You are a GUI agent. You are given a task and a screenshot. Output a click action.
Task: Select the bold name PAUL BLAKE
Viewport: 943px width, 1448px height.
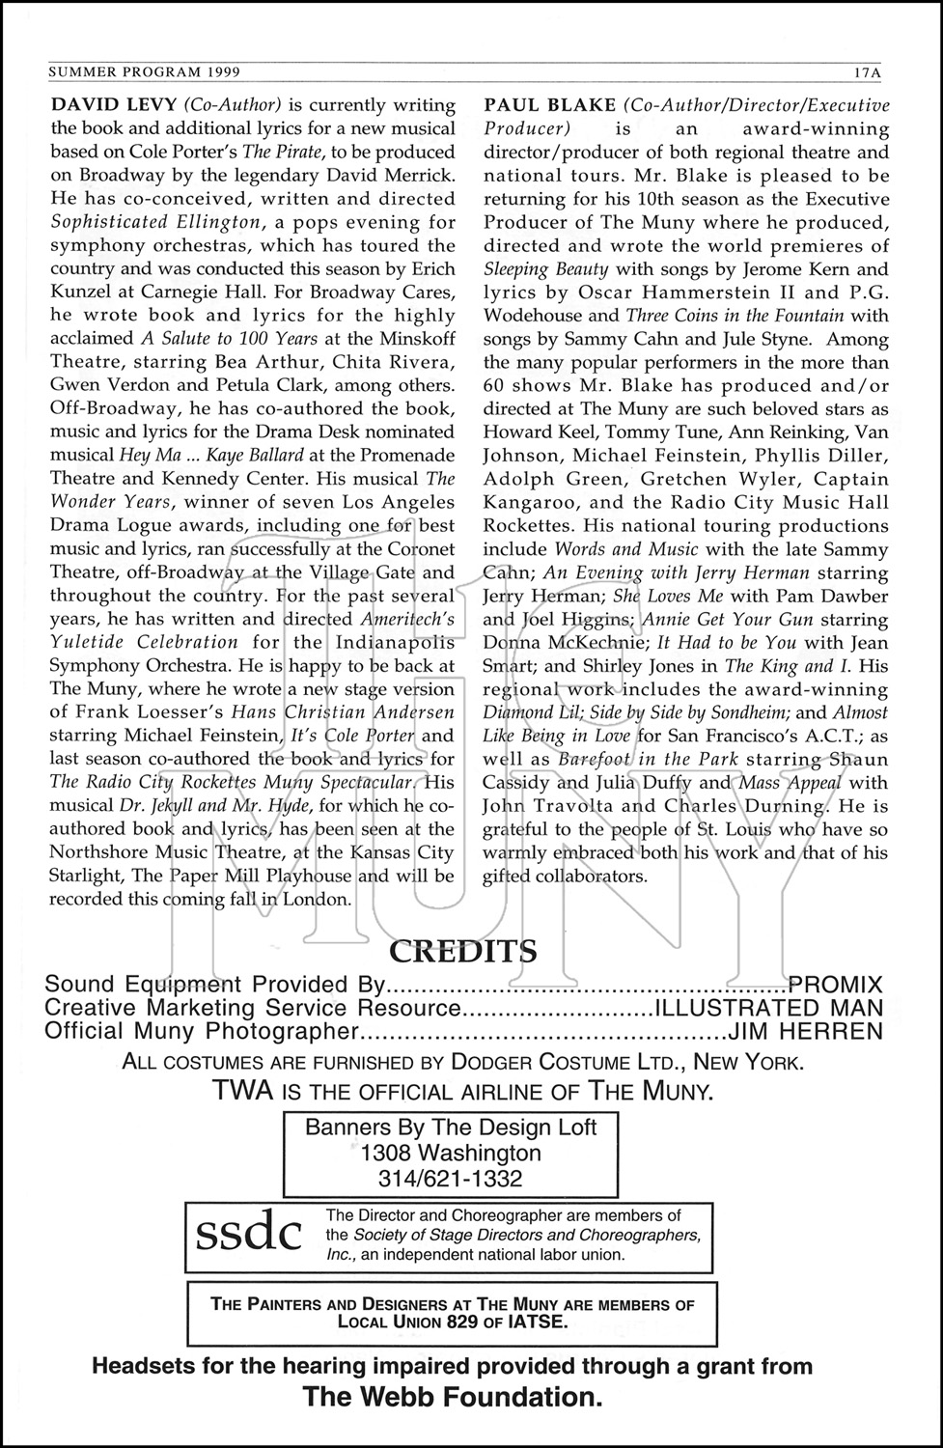coord(549,105)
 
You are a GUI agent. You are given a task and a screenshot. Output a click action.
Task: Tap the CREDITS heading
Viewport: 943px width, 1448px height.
coord(462,952)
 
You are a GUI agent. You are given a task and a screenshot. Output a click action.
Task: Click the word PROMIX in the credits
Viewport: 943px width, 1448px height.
coord(835,985)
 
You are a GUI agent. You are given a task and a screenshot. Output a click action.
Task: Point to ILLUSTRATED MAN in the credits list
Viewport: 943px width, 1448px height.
coord(769,1008)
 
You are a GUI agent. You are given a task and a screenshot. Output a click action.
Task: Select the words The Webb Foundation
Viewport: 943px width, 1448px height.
coord(452,1397)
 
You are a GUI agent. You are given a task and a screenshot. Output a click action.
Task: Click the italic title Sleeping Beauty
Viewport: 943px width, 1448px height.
coord(546,268)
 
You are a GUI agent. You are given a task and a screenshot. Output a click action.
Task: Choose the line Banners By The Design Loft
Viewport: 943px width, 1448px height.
coord(451,1127)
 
